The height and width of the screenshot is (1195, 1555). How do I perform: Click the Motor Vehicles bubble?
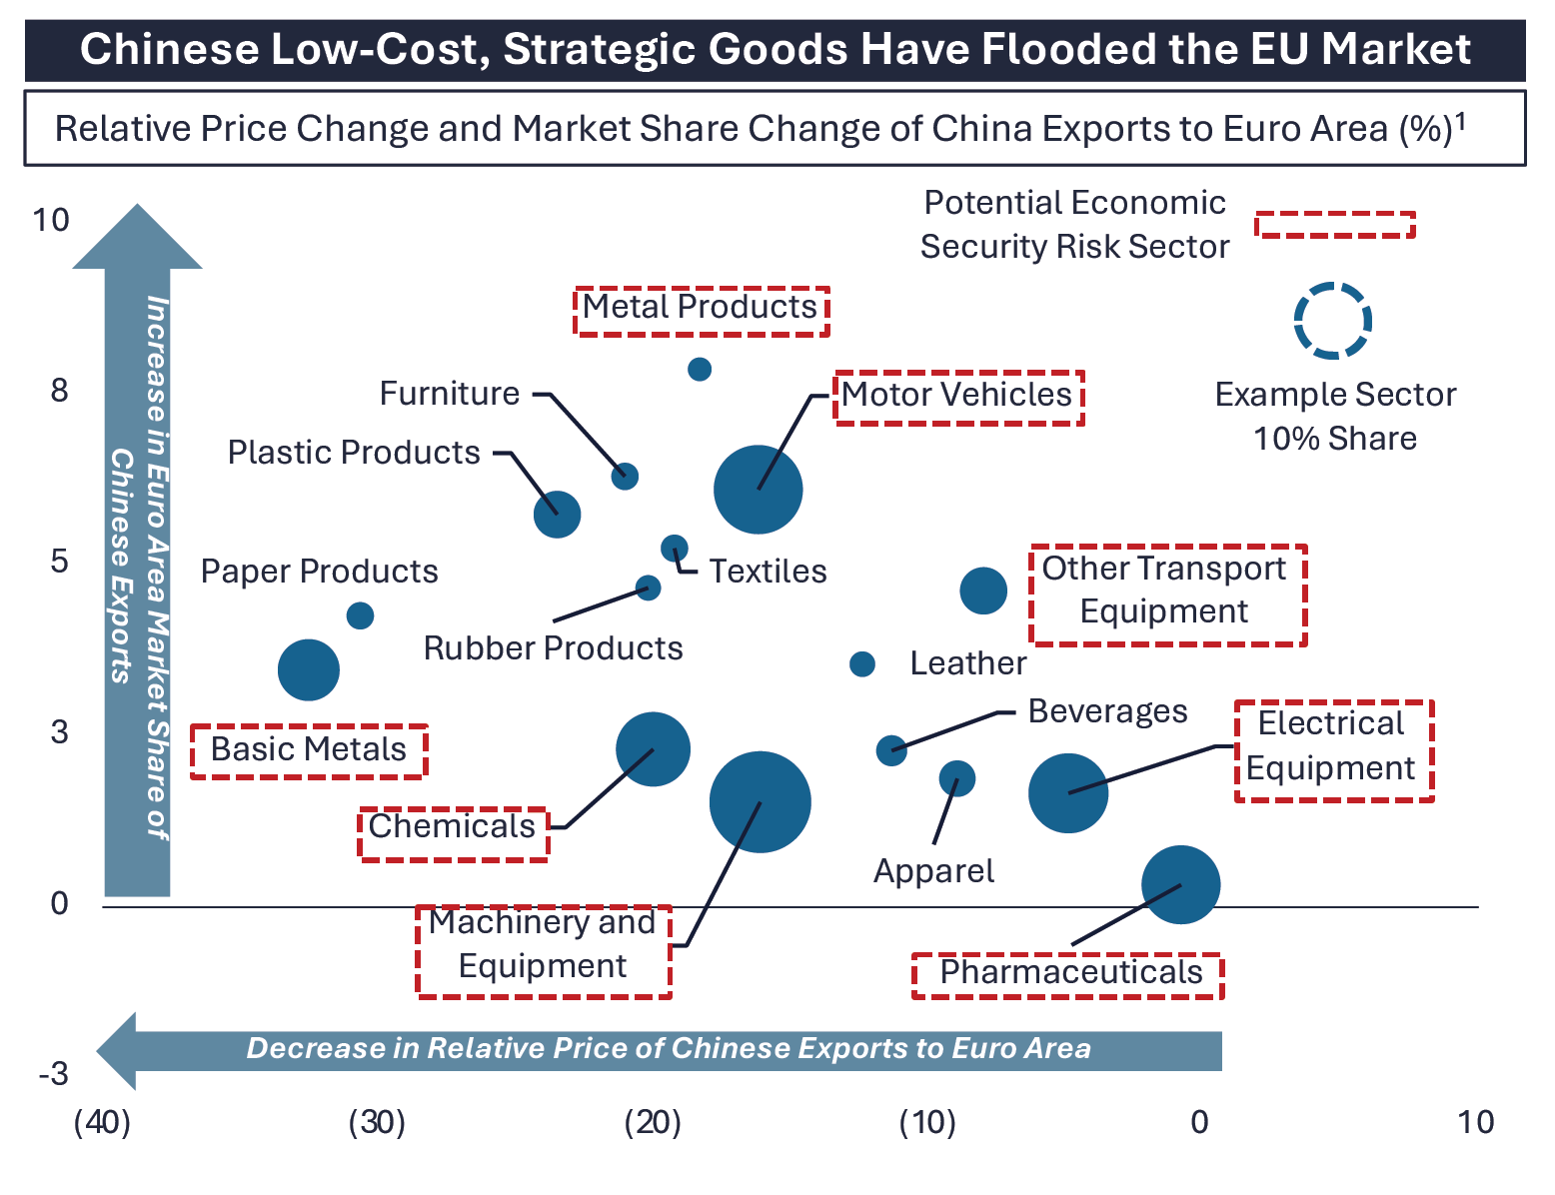coord(758,490)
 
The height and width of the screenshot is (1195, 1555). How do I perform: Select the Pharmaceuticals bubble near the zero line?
coord(1180,884)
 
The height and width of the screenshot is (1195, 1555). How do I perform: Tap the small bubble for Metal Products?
coord(700,369)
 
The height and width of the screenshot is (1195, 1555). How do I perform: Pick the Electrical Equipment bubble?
coord(1068,792)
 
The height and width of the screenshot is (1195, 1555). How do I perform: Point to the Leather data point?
coord(861,663)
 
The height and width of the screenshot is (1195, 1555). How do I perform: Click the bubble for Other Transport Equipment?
coord(983,591)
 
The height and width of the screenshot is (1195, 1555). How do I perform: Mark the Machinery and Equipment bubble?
coord(760,801)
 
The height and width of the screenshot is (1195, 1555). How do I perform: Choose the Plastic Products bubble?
coord(557,515)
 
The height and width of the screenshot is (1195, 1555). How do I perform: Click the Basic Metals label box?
coord(309,750)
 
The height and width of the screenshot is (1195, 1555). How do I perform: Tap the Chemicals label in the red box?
coord(453,827)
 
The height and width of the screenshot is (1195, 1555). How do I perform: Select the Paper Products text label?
coord(319,572)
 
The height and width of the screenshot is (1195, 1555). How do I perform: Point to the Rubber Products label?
coord(553,648)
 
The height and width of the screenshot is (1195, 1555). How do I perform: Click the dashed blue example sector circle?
coord(1332,321)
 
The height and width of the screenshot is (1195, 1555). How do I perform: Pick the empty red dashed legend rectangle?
coord(1334,225)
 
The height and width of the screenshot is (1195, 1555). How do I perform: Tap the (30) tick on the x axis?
coord(377,1122)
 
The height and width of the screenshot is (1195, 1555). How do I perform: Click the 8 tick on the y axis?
coord(60,391)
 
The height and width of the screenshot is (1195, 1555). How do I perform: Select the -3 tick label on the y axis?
coord(54,1074)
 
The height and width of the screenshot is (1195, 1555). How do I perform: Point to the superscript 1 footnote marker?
coord(1460,120)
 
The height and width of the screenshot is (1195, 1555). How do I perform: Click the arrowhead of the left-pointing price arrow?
coord(118,1050)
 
